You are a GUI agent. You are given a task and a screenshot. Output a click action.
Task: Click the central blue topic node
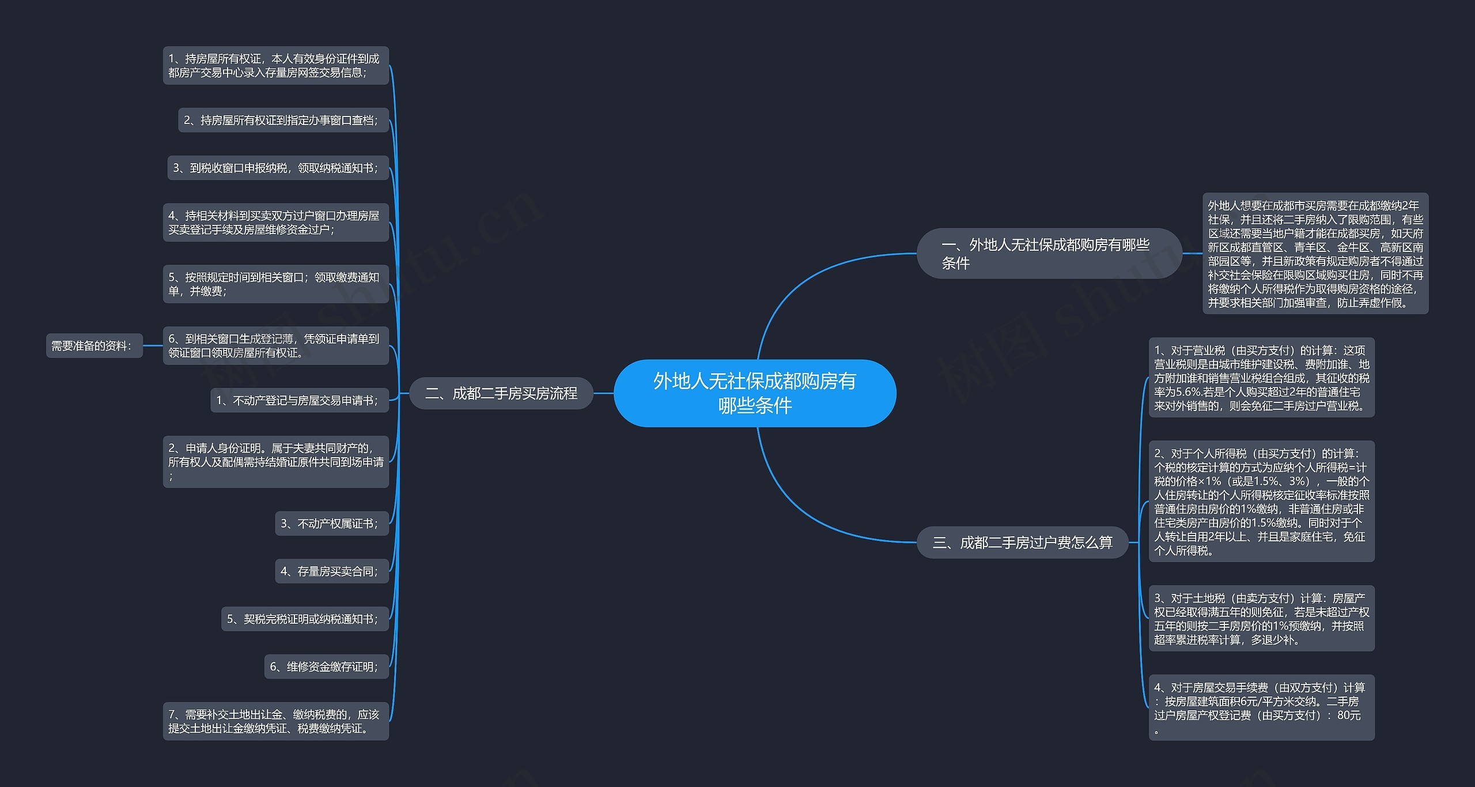tap(755, 393)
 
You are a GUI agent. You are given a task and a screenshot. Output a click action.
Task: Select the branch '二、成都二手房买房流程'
tap(501, 393)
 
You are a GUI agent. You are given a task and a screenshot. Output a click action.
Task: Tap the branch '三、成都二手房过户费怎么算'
tap(1022, 542)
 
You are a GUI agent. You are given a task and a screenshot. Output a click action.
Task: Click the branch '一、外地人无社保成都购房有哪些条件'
tap(1049, 254)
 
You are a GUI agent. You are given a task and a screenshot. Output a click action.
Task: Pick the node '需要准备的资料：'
tap(94, 346)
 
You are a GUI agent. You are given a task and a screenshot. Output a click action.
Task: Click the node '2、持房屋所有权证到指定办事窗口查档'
tap(283, 120)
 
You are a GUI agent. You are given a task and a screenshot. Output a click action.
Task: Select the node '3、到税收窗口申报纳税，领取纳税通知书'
tap(278, 168)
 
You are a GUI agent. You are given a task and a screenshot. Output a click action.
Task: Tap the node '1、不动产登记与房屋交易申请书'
tap(300, 400)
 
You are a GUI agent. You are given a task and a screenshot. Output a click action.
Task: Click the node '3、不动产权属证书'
tap(332, 524)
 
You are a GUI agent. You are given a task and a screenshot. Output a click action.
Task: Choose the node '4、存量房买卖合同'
tap(332, 571)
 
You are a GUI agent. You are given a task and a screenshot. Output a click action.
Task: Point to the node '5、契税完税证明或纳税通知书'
tap(305, 619)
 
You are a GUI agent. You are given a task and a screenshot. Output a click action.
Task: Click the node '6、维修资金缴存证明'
tap(327, 666)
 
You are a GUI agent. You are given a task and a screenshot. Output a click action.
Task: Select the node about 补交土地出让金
tap(276, 721)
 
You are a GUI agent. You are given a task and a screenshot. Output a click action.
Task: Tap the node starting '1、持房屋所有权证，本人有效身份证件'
tap(276, 65)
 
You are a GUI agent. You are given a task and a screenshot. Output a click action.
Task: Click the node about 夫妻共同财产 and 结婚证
tap(276, 462)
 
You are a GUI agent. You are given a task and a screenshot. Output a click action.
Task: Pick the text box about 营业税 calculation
tap(1262, 378)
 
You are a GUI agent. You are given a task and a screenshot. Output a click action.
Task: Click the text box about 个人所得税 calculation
tap(1262, 502)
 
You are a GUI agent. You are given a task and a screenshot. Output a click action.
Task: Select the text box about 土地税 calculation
tap(1262, 619)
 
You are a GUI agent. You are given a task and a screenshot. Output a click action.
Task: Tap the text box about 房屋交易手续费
tap(1262, 707)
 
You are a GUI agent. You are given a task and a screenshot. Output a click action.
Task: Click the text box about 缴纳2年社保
tap(1315, 254)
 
